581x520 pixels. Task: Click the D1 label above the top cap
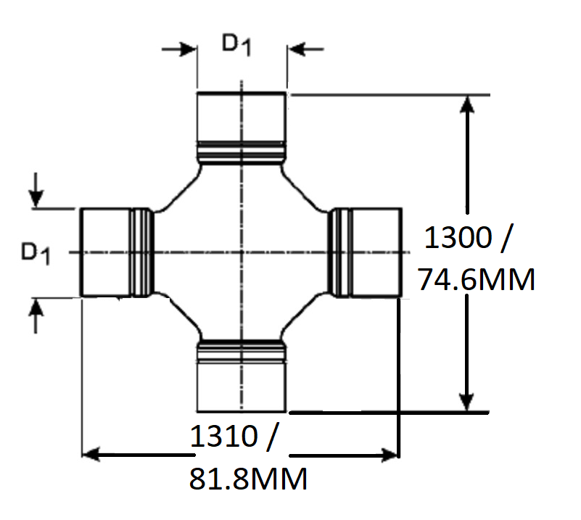pos(236,45)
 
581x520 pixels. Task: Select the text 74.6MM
pos(477,278)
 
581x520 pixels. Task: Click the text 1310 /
pos(234,437)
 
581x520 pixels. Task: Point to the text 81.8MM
pos(248,479)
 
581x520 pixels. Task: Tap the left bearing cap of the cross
pos(105,252)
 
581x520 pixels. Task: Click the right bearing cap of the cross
pos(375,252)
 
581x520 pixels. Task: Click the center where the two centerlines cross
pos(242,252)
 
